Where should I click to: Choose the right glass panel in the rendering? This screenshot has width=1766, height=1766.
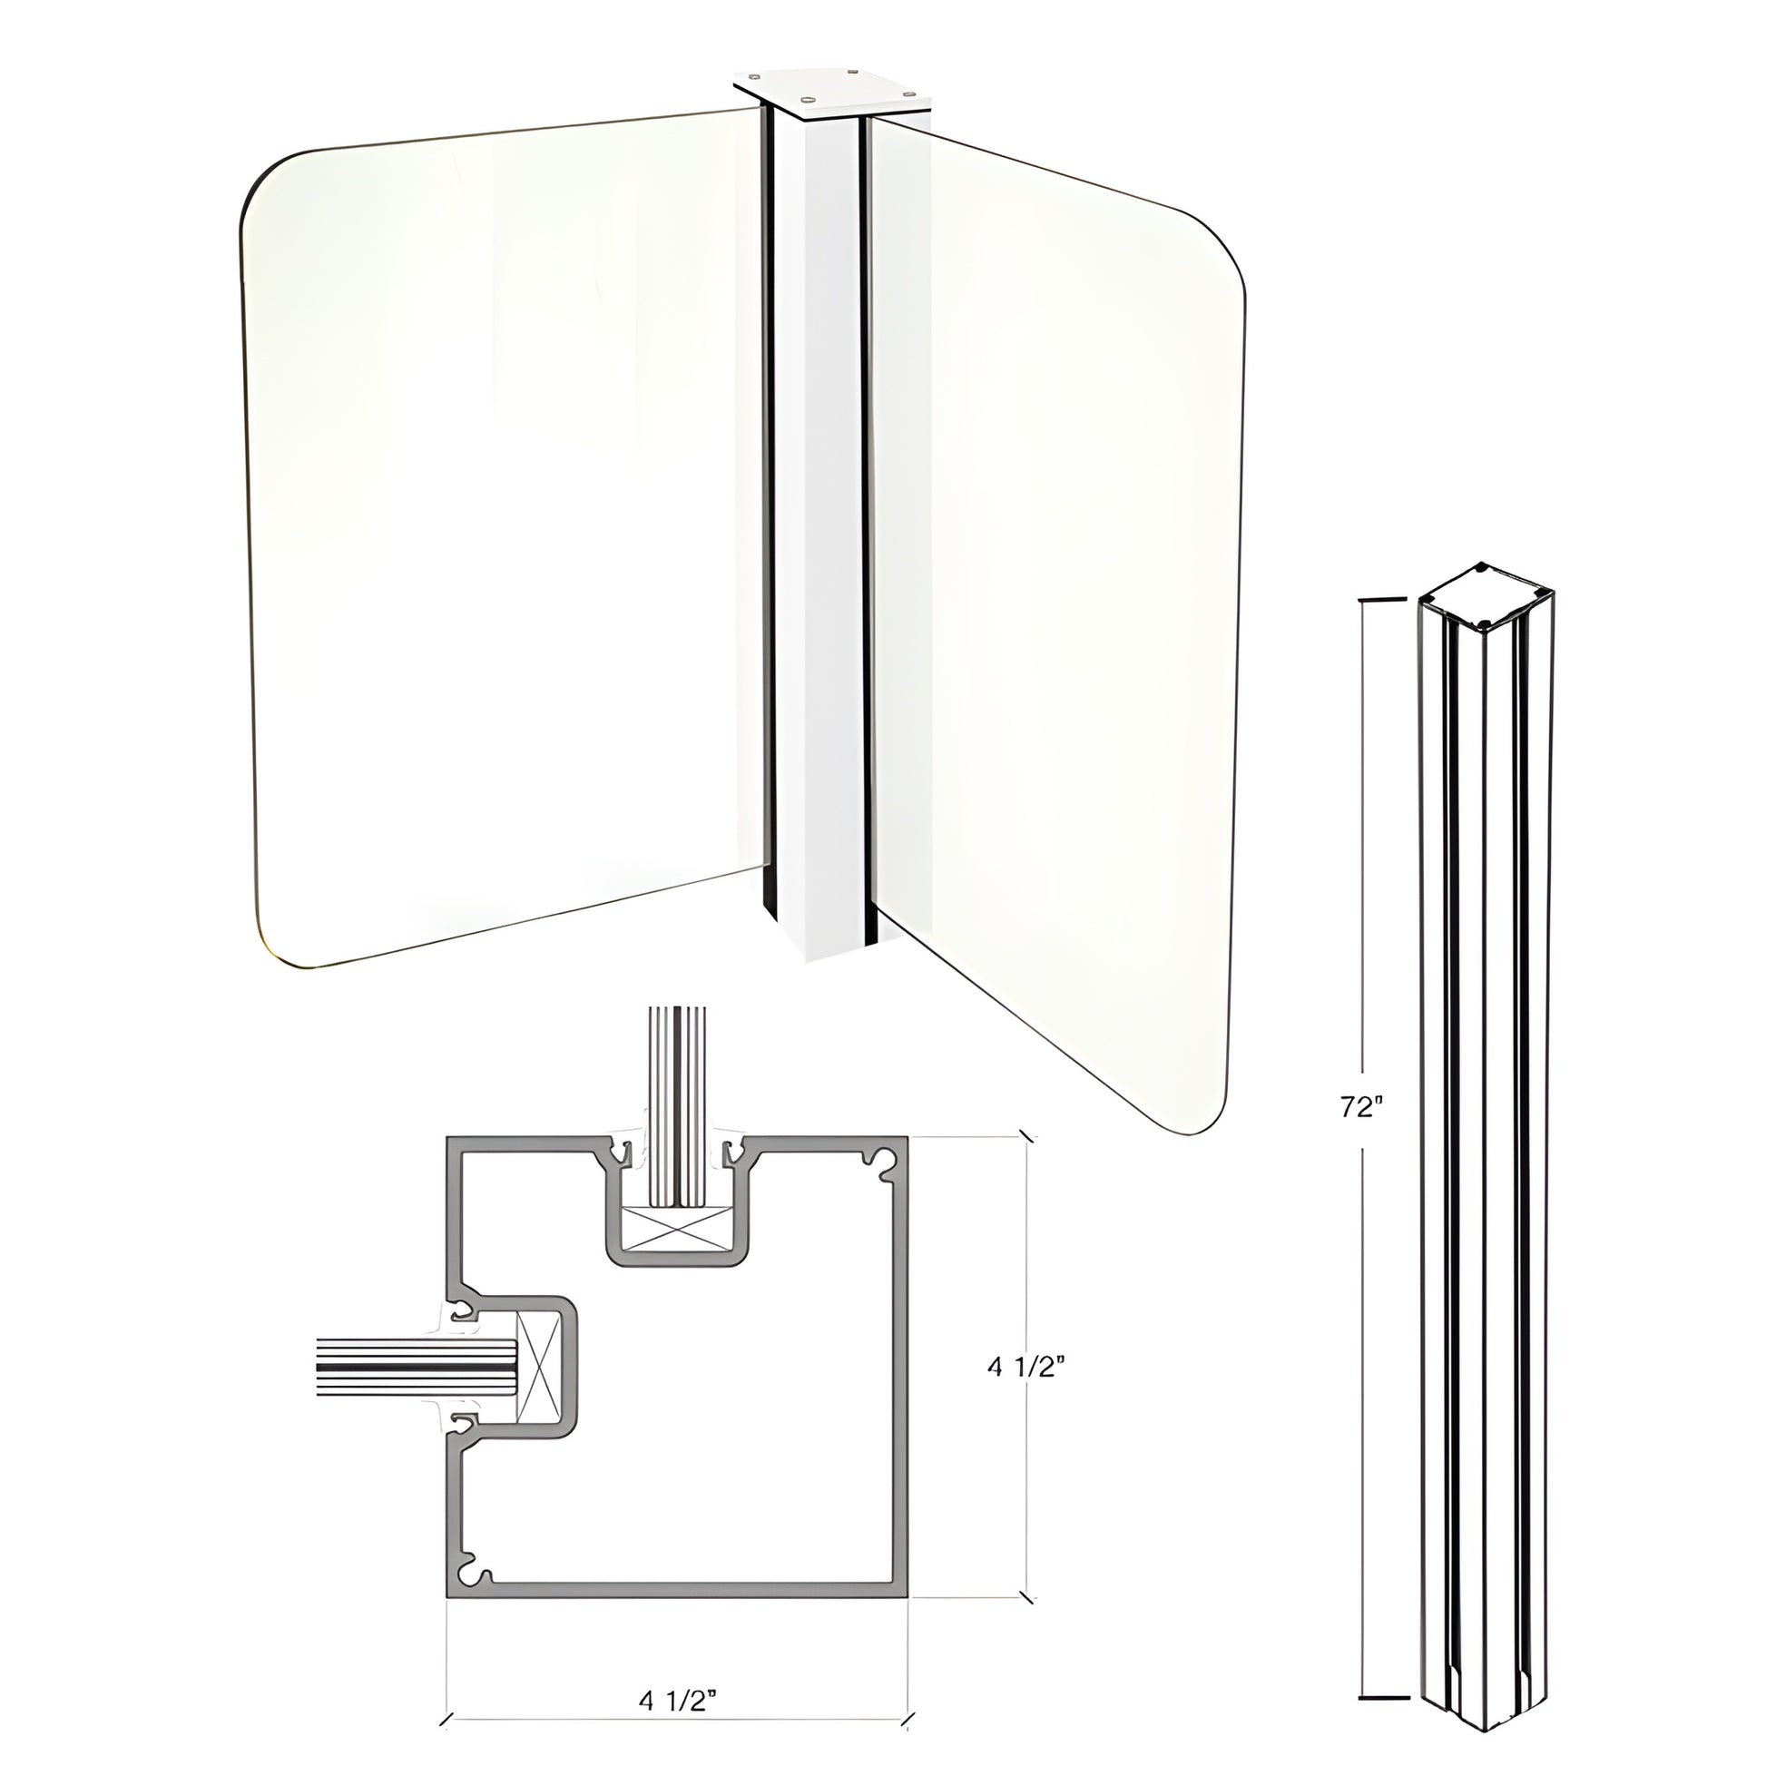pos(1051,622)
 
